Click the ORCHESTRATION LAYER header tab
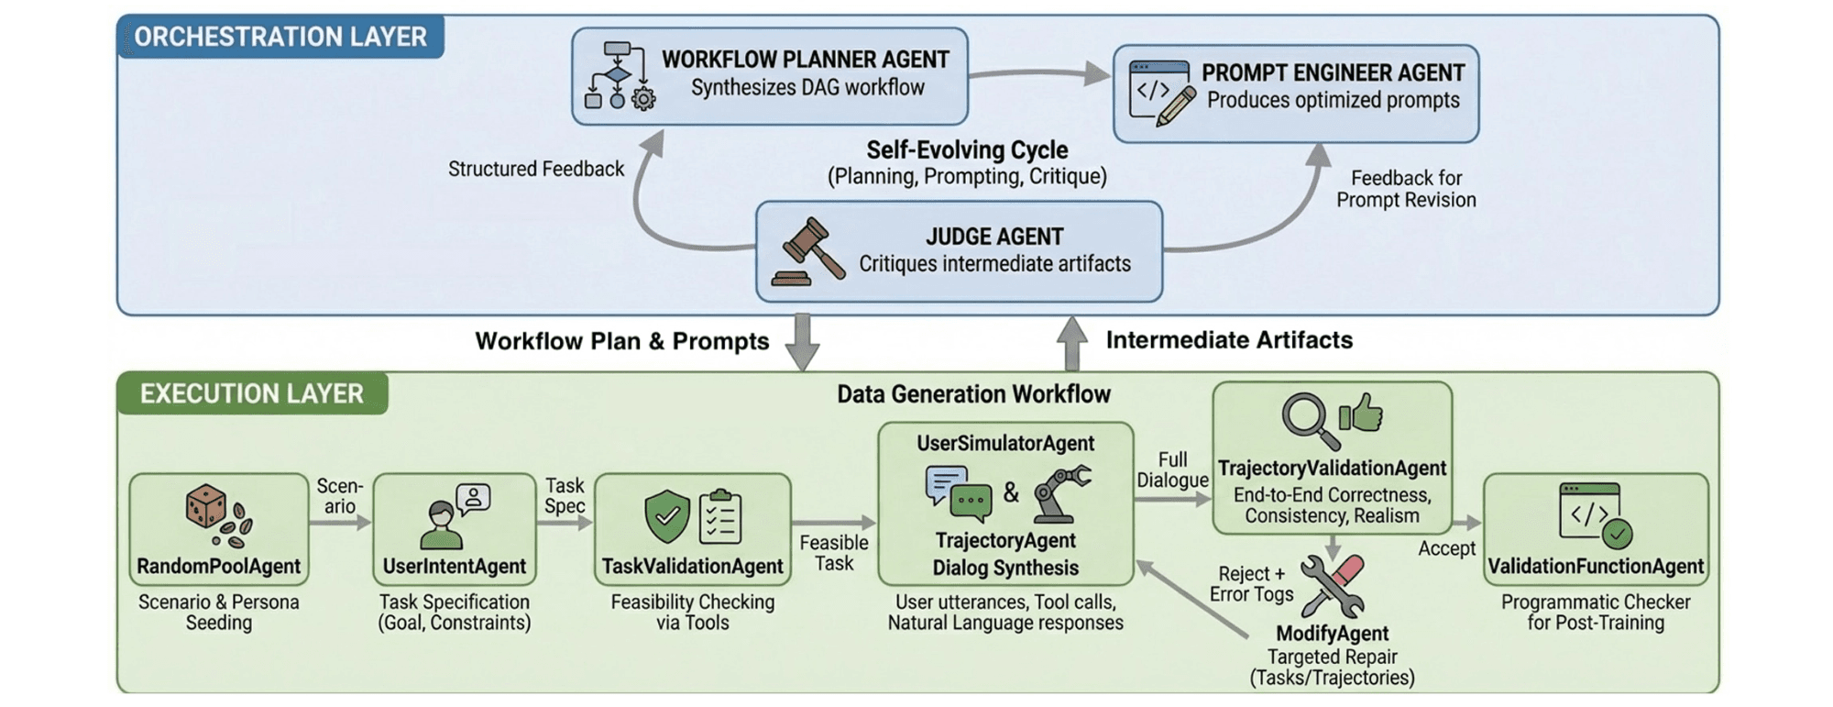click(x=280, y=37)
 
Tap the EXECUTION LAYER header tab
click(x=251, y=393)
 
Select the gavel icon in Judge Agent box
click(x=808, y=251)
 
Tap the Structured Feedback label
click(x=535, y=169)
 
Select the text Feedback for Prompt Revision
click(x=1406, y=189)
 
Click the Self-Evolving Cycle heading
click(x=967, y=149)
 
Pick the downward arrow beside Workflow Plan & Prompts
click(x=803, y=342)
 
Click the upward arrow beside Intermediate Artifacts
click(x=1071, y=342)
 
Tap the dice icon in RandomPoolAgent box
click(x=207, y=506)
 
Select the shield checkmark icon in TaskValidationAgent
click(x=666, y=515)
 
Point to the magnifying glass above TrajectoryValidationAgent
click(x=1305, y=419)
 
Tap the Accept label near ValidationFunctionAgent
click(x=1446, y=548)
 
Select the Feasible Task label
click(x=833, y=553)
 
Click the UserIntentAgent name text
click(x=454, y=566)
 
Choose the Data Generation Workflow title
click(x=973, y=394)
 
